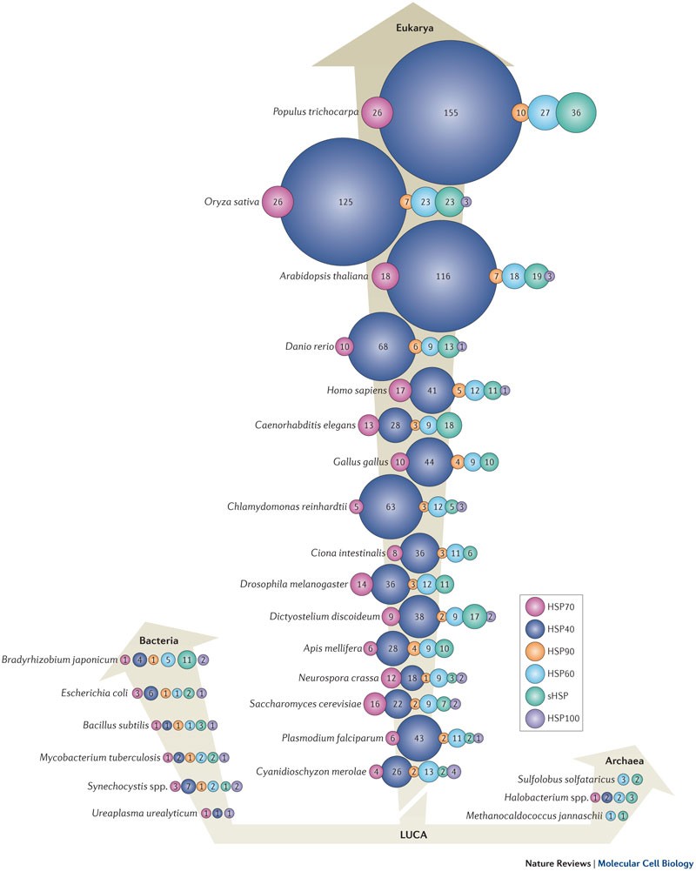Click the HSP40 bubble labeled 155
tap(450, 113)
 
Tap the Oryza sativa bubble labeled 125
tap(345, 202)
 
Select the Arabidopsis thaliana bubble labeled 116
tap(442, 276)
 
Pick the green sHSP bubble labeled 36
tap(575, 113)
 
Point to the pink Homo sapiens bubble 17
tap(400, 390)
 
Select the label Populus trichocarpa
tap(316, 113)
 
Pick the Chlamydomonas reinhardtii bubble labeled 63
tap(391, 506)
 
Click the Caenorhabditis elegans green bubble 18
tap(450, 425)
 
